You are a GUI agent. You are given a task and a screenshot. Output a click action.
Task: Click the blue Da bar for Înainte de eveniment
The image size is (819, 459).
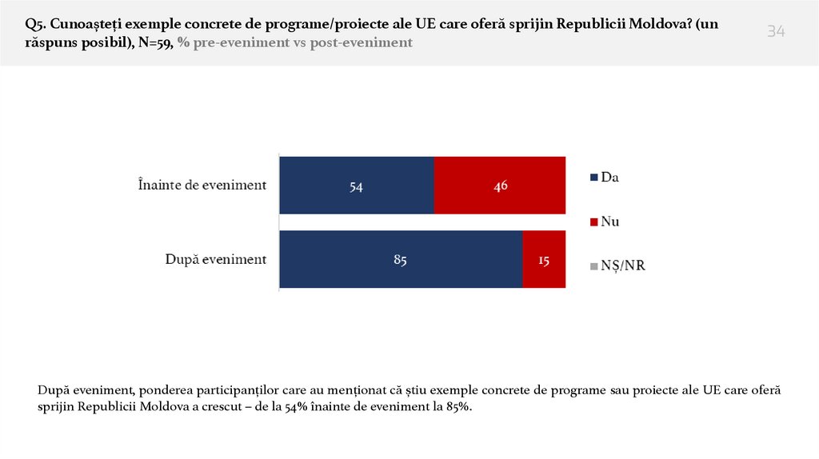[357, 185]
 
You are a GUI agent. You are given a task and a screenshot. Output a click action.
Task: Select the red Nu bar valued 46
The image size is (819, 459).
[500, 185]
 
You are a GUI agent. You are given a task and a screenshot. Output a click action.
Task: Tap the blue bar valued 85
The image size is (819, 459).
[401, 259]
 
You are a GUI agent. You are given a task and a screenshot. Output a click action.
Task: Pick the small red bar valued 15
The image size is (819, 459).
[544, 259]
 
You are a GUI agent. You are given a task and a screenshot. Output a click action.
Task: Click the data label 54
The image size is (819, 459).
[357, 186]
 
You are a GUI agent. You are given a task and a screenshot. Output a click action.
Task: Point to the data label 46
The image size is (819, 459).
[501, 186]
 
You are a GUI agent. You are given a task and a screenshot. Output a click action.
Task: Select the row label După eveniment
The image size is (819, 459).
[215, 259]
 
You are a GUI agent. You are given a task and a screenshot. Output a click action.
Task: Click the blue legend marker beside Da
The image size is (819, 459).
[593, 178]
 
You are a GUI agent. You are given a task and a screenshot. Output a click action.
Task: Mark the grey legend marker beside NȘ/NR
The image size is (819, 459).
[593, 266]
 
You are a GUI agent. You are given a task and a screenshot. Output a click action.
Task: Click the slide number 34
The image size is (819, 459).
[776, 32]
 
